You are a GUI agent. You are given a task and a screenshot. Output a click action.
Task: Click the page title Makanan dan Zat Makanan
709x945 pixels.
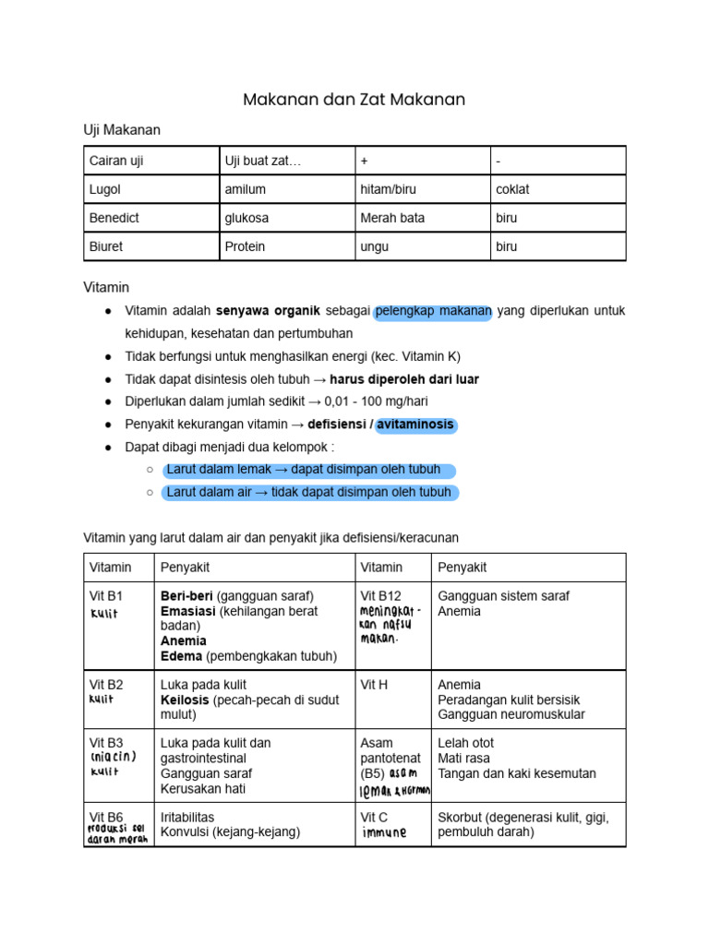354,99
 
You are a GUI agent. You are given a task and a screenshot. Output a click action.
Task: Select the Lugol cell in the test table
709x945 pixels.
105,189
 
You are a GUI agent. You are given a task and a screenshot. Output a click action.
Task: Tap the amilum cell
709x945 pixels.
246,189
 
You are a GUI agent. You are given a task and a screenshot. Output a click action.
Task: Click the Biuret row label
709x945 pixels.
107,246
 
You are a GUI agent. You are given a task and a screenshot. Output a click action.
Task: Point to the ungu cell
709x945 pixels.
375,246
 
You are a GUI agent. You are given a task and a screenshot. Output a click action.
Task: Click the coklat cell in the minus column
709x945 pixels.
512,189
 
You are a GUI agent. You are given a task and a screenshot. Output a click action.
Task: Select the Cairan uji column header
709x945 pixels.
116,161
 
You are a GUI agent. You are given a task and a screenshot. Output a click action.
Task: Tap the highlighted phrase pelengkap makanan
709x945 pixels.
434,311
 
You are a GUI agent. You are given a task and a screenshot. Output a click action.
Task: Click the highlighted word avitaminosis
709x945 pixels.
415,425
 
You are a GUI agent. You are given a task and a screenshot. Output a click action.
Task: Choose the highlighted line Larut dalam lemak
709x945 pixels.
308,470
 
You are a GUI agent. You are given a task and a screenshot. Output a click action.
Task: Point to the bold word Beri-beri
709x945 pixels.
186,595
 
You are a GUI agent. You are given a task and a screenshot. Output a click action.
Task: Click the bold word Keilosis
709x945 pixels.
184,700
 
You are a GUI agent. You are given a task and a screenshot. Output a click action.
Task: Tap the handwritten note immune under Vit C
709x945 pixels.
384,832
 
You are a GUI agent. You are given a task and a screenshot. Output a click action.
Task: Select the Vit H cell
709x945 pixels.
375,685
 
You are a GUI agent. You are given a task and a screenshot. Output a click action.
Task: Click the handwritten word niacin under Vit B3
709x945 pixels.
114,757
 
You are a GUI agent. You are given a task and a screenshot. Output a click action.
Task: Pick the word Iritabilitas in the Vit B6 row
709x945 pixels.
187,817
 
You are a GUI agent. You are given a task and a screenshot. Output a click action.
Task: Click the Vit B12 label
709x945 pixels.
381,595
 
